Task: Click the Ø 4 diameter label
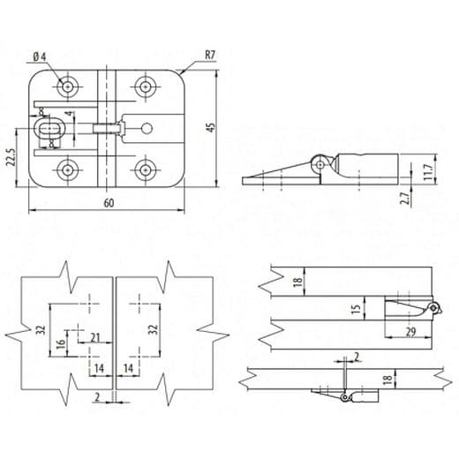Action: pyautogui.click(x=40, y=56)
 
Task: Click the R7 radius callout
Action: pyautogui.click(x=210, y=55)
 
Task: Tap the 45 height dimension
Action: pyautogui.click(x=211, y=127)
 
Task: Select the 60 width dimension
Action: pyautogui.click(x=109, y=203)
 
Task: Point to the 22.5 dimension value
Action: pyautogui.click(x=11, y=157)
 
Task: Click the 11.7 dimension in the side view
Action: pyautogui.click(x=428, y=172)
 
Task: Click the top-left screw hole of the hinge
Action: pyautogui.click(x=68, y=87)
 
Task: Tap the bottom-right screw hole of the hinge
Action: pyautogui.click(x=145, y=170)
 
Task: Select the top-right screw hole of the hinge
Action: pyautogui.click(x=145, y=87)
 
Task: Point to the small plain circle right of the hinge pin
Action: pyautogui.click(x=147, y=129)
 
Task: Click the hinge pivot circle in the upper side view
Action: pyautogui.click(x=320, y=164)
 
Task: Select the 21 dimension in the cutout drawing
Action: pyautogui.click(x=95, y=338)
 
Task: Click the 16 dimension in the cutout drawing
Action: pyautogui.click(x=60, y=343)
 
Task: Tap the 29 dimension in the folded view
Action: pyautogui.click(x=410, y=332)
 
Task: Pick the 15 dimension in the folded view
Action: pyautogui.click(x=356, y=309)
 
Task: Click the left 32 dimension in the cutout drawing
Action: pyautogui.click(x=41, y=329)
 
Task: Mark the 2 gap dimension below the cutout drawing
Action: pyautogui.click(x=97, y=397)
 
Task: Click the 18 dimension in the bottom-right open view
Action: pyautogui.click(x=388, y=379)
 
